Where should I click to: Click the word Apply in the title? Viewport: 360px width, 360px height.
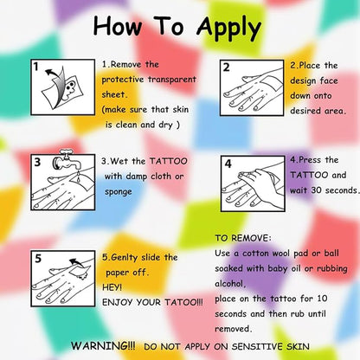click(x=229, y=28)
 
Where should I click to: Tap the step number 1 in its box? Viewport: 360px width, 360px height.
click(x=35, y=67)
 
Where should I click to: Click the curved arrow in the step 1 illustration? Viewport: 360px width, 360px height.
click(x=57, y=83)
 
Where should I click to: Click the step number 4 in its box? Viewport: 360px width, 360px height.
click(x=228, y=164)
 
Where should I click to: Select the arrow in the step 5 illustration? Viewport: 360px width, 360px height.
click(x=76, y=262)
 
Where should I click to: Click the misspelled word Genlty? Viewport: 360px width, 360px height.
click(x=124, y=257)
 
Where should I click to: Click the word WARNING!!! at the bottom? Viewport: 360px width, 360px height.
click(x=103, y=345)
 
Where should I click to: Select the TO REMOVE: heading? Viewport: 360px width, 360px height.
click(x=243, y=238)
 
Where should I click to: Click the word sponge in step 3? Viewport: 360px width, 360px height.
click(x=119, y=192)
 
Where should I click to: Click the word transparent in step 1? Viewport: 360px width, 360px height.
click(x=172, y=80)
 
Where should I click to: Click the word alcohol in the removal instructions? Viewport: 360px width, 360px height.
click(x=229, y=284)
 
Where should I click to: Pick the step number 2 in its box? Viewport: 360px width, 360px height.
click(x=226, y=67)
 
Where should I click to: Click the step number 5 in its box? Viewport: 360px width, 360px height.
click(x=38, y=258)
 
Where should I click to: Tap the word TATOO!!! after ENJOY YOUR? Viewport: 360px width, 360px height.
click(x=183, y=302)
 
